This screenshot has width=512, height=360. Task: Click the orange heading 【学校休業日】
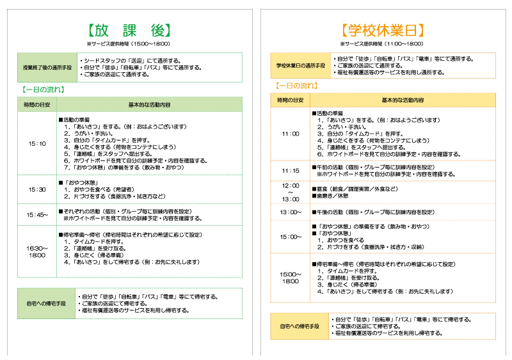(383, 30)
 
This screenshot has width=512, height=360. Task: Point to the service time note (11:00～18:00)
(383, 43)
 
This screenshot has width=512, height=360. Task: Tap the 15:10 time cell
(37, 144)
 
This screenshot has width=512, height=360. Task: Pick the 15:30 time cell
(37, 190)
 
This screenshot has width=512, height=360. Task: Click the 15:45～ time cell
(37, 214)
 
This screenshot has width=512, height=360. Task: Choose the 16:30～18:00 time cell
(37, 251)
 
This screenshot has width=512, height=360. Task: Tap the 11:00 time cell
(291, 134)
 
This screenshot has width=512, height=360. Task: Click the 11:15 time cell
(291, 171)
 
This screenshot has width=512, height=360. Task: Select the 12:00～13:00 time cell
(291, 192)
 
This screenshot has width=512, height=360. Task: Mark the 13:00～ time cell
(291, 212)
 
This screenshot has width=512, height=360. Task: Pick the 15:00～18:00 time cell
(291, 278)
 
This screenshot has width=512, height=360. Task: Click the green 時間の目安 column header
(37, 104)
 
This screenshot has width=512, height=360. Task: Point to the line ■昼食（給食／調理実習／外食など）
(354, 189)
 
